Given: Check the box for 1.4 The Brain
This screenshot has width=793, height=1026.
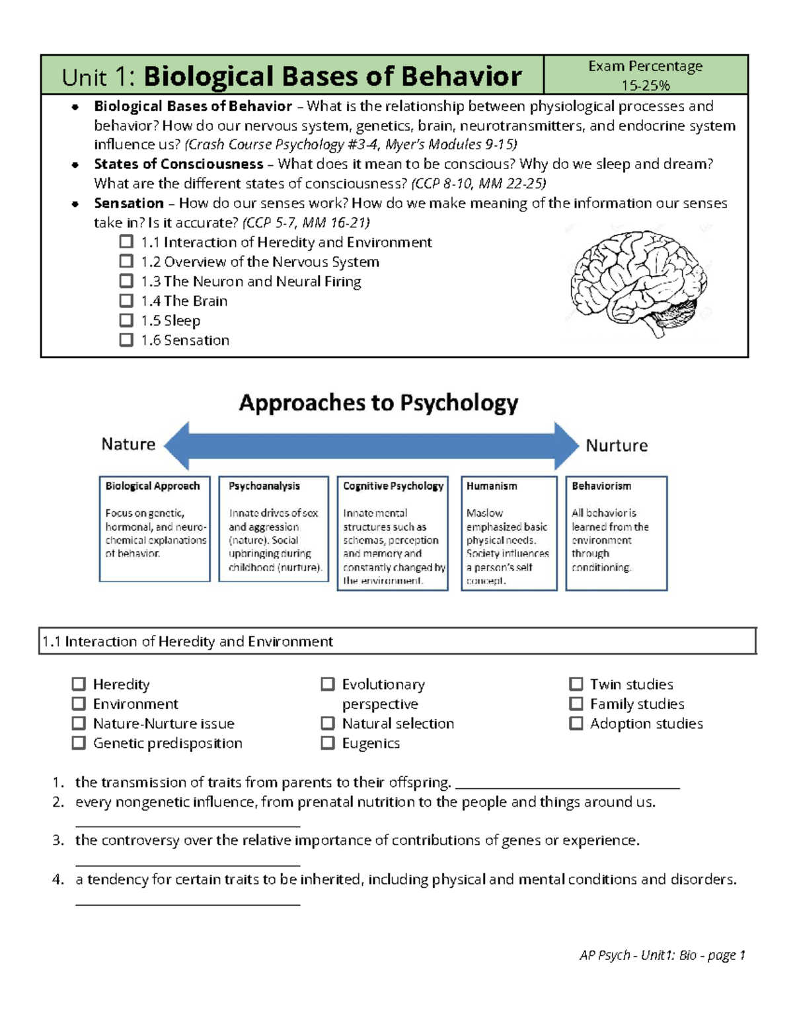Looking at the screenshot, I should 126,301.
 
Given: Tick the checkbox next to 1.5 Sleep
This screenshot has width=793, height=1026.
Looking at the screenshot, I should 126,320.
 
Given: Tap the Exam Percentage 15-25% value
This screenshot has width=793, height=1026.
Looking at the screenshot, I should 645,85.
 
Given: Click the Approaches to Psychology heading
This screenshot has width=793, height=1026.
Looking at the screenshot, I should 379,402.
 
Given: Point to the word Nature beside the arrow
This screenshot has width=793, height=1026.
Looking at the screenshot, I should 128,444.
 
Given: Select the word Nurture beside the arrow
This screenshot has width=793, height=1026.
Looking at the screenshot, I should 617,445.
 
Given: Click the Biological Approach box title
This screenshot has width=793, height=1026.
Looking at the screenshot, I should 153,486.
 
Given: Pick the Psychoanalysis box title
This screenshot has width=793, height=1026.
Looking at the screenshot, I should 264,486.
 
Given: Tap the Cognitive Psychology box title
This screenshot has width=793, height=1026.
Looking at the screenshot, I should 393,486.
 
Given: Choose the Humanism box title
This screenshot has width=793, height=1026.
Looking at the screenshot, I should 492,486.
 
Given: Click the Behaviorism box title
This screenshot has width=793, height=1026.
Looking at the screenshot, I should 601,486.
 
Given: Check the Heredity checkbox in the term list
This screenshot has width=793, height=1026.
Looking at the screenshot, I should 79,684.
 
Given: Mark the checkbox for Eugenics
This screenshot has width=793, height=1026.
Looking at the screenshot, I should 328,743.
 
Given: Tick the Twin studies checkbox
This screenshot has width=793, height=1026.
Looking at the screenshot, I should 576,684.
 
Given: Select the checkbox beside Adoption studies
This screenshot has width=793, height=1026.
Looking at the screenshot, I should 576,723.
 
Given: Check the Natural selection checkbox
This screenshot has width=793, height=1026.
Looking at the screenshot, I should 328,723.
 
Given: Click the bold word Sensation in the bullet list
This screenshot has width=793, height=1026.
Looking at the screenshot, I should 129,203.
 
